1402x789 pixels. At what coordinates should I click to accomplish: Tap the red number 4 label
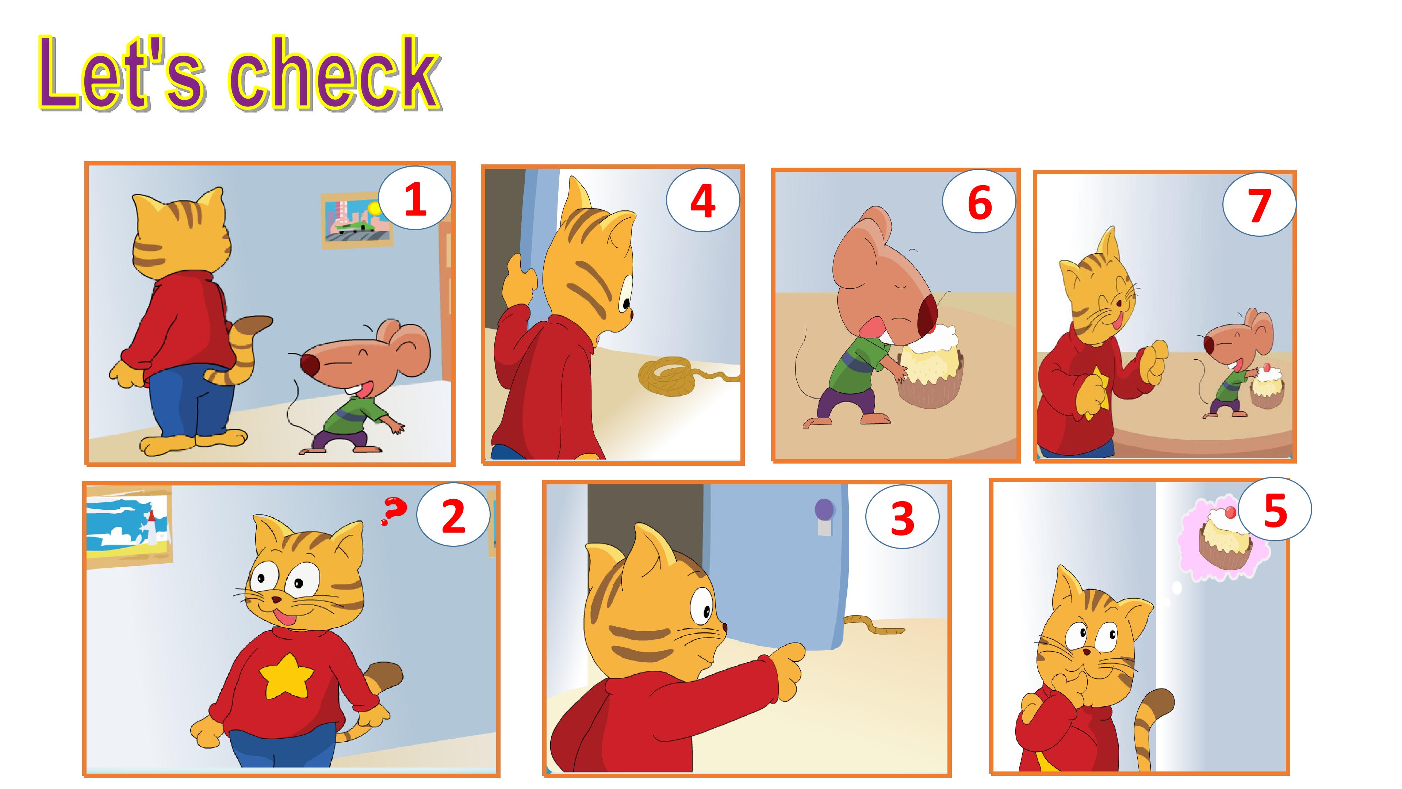tap(702, 202)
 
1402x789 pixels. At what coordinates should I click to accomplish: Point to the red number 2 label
tap(453, 516)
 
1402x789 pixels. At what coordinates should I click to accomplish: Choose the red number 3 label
tap(903, 518)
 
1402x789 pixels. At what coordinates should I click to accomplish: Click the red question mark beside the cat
tap(394, 511)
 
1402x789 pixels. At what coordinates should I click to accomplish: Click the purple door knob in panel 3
tap(824, 510)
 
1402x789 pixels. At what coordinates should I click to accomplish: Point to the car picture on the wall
tap(356, 220)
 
